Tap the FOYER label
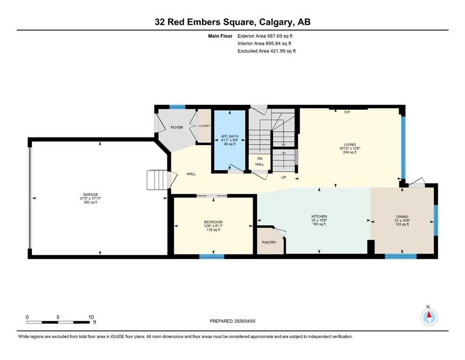pyautogui.click(x=177, y=127)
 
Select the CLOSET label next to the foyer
pyautogui.click(x=204, y=126)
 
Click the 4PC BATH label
pyautogui.click(x=230, y=136)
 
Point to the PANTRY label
pyautogui.click(x=269, y=242)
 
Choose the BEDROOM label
pyautogui.click(x=213, y=222)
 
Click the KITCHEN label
pyautogui.click(x=319, y=216)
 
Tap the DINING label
pyautogui.click(x=402, y=217)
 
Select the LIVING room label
pyautogui.click(x=349, y=144)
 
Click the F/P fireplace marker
pyautogui.click(x=347, y=112)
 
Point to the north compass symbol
pyautogui.click(x=428, y=317)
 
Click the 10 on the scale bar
pyautogui.click(x=91, y=317)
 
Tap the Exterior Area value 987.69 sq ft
pyautogui.click(x=280, y=36)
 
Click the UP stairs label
pyautogui.click(x=283, y=178)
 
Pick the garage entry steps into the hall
pyautogui.click(x=157, y=180)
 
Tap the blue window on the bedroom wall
pyautogui.click(x=211, y=256)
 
